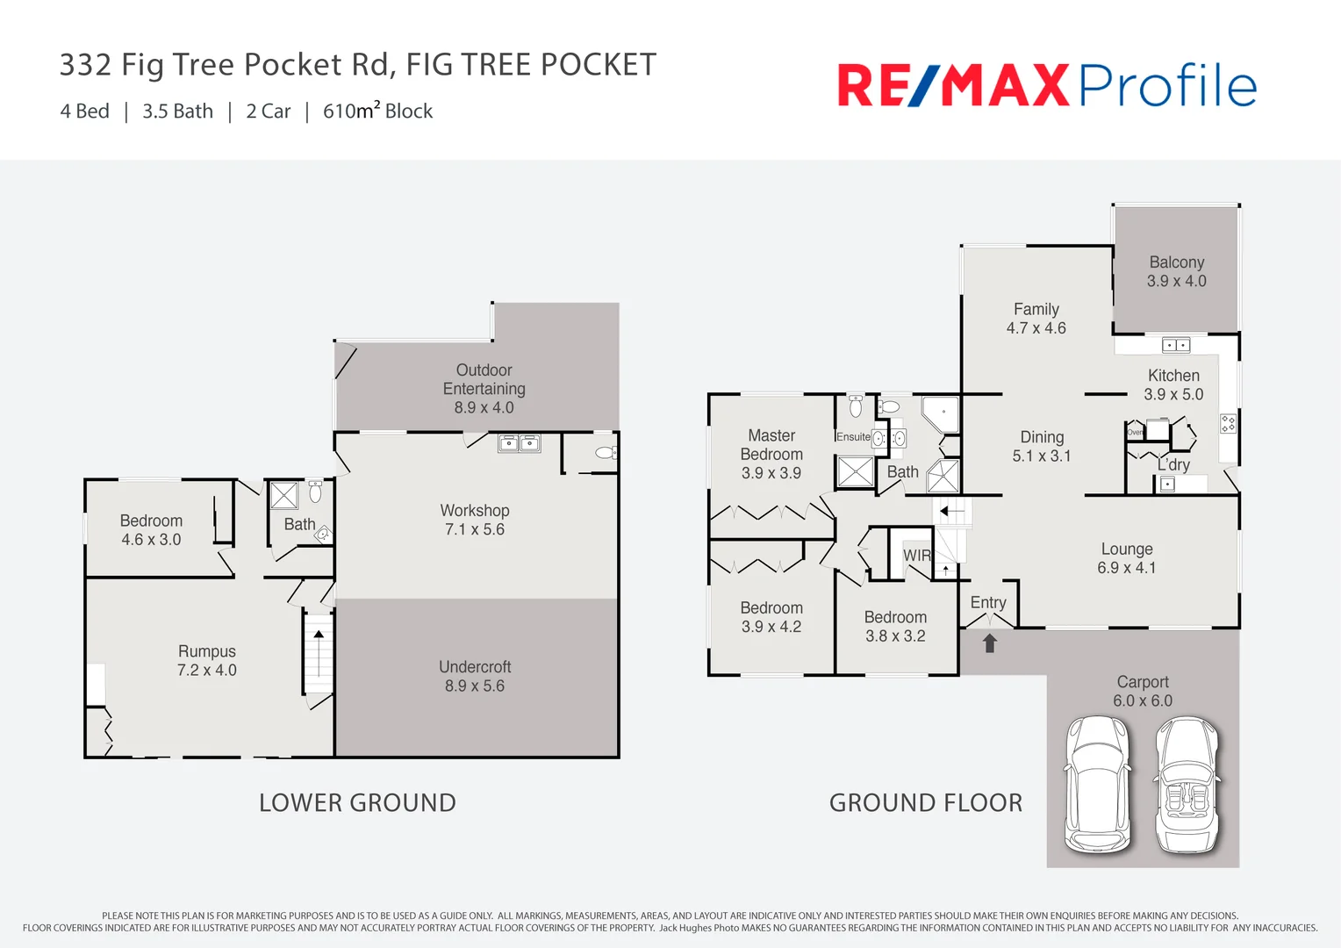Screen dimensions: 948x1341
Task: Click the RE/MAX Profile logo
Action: pyautogui.click(x=1046, y=85)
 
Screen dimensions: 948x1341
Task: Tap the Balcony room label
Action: pyautogui.click(x=1176, y=262)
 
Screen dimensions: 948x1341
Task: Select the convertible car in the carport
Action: pyautogui.click(x=1187, y=784)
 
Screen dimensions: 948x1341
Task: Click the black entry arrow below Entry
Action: pyautogui.click(x=990, y=643)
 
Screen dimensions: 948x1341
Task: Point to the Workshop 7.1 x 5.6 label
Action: pyautogui.click(x=474, y=520)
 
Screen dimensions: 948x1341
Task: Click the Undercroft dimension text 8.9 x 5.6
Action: pyautogui.click(x=474, y=686)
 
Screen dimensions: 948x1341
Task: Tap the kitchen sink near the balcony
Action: pyautogui.click(x=1176, y=345)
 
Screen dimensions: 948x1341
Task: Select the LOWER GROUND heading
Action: pyautogui.click(x=357, y=802)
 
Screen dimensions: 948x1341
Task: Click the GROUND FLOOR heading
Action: pyautogui.click(x=926, y=802)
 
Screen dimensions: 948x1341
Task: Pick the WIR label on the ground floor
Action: pyautogui.click(x=916, y=556)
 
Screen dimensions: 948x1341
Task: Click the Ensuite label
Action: pyautogui.click(x=853, y=436)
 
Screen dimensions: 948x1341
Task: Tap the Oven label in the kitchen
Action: pyautogui.click(x=1135, y=432)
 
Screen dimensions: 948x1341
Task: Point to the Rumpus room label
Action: pyautogui.click(x=207, y=651)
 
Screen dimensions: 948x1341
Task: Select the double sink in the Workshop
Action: pyautogui.click(x=520, y=443)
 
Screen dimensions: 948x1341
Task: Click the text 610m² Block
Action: pyautogui.click(x=377, y=111)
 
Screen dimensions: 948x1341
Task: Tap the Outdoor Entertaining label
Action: pyautogui.click(x=484, y=379)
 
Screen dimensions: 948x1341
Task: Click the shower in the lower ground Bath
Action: pyautogui.click(x=283, y=496)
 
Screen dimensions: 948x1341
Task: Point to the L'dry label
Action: pyautogui.click(x=1173, y=465)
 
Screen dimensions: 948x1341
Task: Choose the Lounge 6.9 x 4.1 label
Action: pyautogui.click(x=1127, y=558)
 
